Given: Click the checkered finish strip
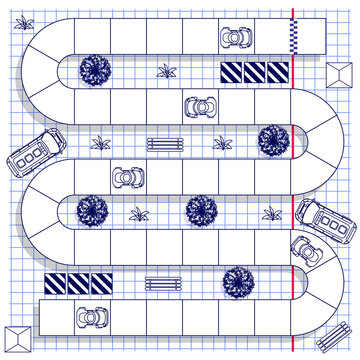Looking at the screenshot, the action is tap(293, 36).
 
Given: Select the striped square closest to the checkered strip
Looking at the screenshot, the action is tap(277, 73).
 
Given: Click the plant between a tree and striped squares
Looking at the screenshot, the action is tap(166, 71).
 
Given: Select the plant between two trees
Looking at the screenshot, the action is tap(138, 213).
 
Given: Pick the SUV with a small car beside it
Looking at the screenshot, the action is tap(325, 220).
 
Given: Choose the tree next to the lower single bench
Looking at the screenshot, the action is tap(238, 282).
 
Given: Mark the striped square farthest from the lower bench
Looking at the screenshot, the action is tap(56, 285).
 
